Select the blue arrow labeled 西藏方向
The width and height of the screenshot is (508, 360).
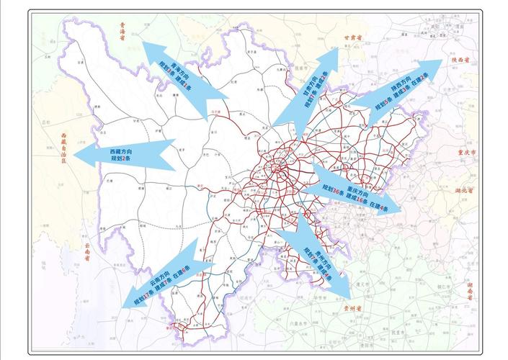click(123, 155)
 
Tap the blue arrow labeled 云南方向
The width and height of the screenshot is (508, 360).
click(166, 276)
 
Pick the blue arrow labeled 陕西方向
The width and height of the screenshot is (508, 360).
click(400, 94)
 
